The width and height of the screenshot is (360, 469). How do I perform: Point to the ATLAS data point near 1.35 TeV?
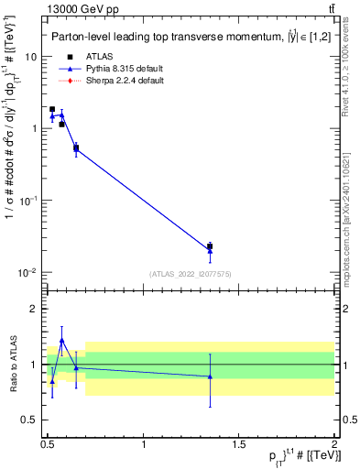point(210,246)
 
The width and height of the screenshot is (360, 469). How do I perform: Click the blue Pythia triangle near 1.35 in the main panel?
point(210,251)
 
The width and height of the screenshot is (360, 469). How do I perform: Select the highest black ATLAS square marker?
point(52,109)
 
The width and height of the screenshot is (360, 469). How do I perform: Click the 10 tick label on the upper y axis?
point(30,57)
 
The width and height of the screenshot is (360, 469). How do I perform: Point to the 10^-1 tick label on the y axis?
point(28,201)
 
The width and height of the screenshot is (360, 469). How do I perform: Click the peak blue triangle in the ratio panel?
point(61,340)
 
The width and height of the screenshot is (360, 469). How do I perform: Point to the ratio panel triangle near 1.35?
point(210,376)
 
